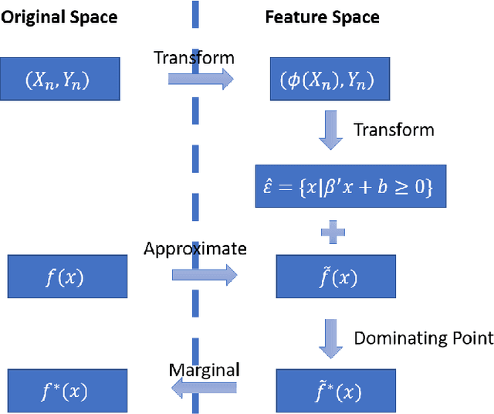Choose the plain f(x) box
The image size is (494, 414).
click(x=67, y=277)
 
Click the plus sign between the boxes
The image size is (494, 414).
click(x=333, y=232)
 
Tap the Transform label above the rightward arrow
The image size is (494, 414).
click(x=194, y=57)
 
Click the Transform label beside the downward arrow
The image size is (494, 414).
click(x=394, y=129)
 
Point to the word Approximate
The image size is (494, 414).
click(x=195, y=248)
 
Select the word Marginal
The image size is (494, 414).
click(x=204, y=369)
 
